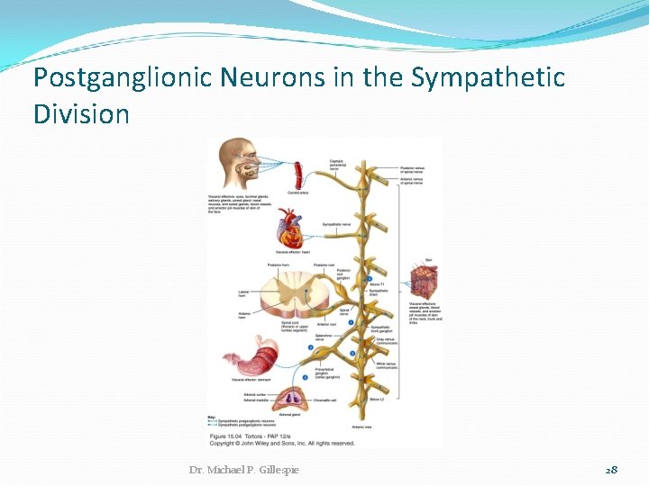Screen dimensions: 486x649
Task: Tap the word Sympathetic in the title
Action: point(488,78)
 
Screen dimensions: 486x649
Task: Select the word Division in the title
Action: point(81,114)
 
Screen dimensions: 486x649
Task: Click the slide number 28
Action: point(611,470)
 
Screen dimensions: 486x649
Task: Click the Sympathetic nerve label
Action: point(335,224)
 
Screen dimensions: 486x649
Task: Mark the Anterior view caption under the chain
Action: point(361,426)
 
